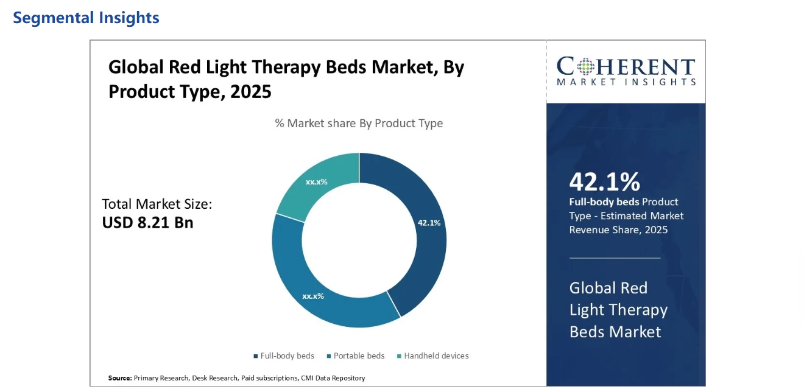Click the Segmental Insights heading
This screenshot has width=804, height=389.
point(86,18)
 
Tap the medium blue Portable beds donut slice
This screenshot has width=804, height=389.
point(317,286)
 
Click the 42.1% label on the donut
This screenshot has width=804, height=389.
point(429,223)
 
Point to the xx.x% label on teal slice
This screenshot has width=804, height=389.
point(317,181)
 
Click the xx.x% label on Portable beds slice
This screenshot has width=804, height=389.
point(313,296)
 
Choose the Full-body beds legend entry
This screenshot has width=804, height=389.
point(284,356)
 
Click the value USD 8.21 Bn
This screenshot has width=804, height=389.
point(147,222)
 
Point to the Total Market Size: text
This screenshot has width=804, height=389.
point(157,204)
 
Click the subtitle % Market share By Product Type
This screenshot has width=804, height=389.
point(359,123)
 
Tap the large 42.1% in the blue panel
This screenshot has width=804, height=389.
point(604,181)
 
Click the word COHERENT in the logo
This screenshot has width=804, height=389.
point(626,66)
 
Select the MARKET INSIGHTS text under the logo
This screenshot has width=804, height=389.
point(626,82)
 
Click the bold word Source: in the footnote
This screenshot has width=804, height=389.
point(120,378)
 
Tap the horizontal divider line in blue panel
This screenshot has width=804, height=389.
point(615,258)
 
